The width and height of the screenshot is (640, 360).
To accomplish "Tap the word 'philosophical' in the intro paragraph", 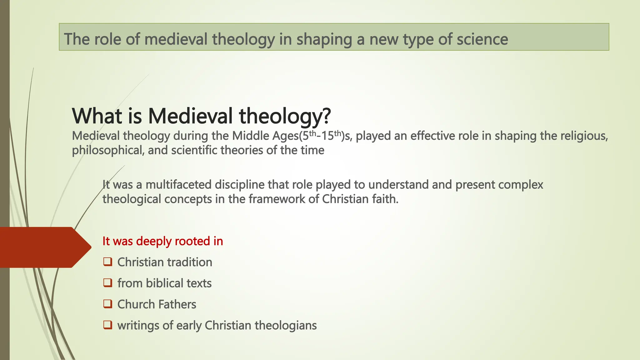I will point(107,151).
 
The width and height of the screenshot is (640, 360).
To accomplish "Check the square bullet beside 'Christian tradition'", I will point(108,262).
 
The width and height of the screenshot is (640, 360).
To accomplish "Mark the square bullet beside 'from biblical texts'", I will point(108,283).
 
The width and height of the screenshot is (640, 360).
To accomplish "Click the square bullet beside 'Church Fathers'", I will point(108,304).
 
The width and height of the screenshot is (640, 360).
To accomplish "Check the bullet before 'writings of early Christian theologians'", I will point(108,325).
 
